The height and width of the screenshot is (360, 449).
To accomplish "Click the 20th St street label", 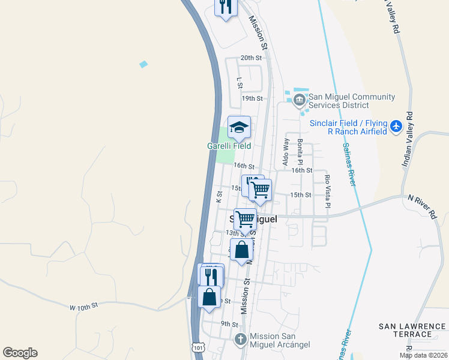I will (x=252, y=58).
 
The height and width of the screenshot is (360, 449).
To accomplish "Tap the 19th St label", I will (x=252, y=98).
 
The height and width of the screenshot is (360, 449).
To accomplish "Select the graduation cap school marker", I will (x=239, y=127).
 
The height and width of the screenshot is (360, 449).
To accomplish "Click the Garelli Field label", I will (x=229, y=146).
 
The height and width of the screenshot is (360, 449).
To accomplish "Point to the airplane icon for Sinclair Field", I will (x=395, y=127).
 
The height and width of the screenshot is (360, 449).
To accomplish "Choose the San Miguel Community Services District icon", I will (x=300, y=100).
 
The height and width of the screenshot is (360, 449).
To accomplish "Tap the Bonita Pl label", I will (x=300, y=151).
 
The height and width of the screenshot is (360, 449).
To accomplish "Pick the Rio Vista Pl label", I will (x=327, y=191).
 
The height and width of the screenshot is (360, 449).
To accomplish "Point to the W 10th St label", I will (x=83, y=307).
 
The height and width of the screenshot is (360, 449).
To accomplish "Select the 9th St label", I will (x=229, y=324).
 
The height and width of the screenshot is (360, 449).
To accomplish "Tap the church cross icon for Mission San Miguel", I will (x=240, y=340).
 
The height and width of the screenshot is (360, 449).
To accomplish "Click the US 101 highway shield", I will (x=199, y=347).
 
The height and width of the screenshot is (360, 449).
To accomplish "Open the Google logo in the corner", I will (x=20, y=353).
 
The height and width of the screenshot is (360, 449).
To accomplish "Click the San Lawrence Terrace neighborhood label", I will (x=413, y=330).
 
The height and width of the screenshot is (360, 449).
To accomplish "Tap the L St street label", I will (x=240, y=82).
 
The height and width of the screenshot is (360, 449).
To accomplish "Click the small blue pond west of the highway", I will (x=143, y=64).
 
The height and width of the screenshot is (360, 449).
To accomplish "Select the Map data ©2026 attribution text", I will (x=423, y=355).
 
